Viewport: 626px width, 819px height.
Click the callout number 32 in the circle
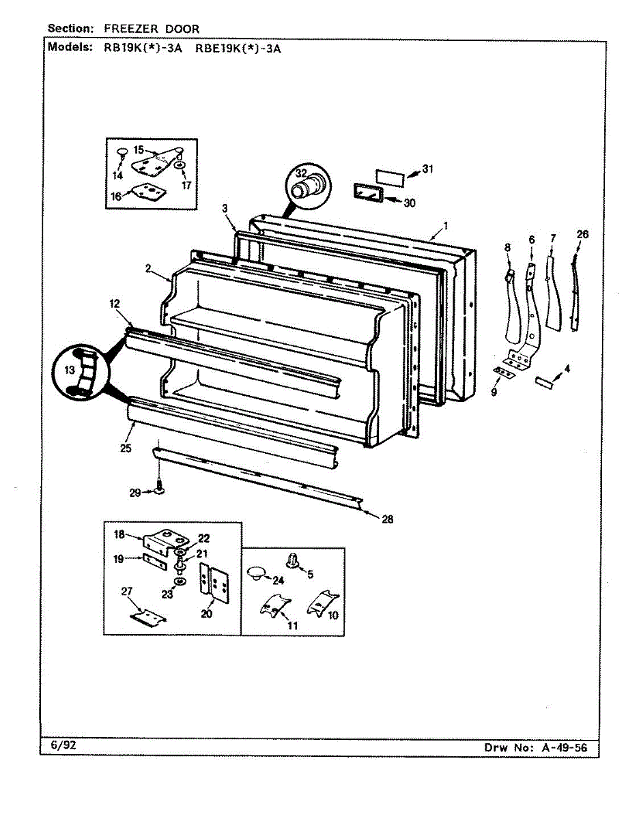pos(300,173)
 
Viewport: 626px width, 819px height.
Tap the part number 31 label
pos(428,169)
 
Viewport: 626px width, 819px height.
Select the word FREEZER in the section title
pos(129,29)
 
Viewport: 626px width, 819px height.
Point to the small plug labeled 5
pos(294,560)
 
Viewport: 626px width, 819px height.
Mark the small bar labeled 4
pos(544,381)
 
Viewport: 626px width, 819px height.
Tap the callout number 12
pos(114,302)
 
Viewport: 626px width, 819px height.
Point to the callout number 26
pos(582,235)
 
